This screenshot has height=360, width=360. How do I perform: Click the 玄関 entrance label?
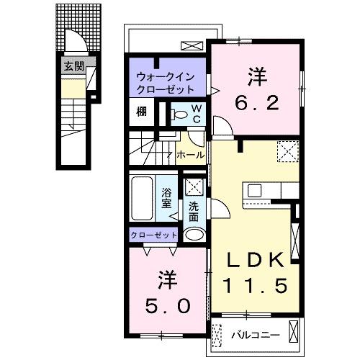coord(73,67)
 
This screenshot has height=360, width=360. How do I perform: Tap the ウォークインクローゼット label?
coord(166,83)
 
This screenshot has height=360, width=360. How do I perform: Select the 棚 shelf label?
coord(143,112)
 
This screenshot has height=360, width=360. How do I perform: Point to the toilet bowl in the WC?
coord(177,114)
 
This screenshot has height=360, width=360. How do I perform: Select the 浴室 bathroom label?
coord(166,197)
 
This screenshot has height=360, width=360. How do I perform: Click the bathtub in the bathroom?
coord(143,197)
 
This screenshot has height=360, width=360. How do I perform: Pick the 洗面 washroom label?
coord(193,212)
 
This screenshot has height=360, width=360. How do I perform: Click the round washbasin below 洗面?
coord(193,235)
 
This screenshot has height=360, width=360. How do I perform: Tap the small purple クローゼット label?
coord(153,235)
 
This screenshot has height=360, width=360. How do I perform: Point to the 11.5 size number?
coord(258,285)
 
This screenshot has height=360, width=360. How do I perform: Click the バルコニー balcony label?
coord(251,335)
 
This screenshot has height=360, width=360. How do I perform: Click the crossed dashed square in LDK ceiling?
coord(287,152)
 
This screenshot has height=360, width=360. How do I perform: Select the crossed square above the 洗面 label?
coord(193,187)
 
